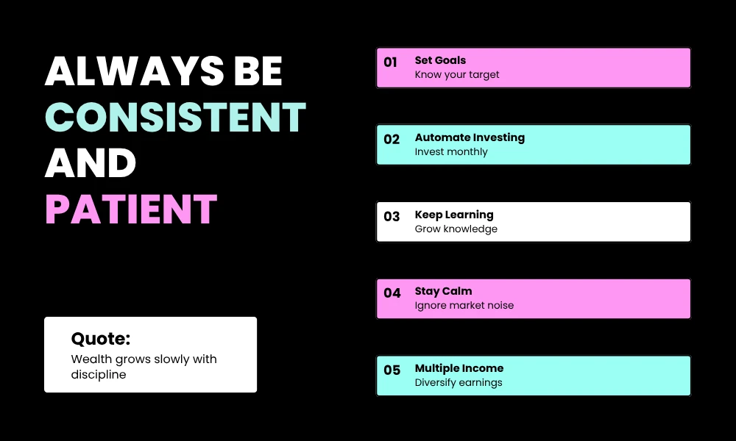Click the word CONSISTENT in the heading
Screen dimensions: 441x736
coord(175,117)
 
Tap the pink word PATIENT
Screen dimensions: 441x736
coord(131,209)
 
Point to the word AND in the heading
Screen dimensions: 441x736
coord(91,162)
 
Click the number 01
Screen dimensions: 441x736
coord(390,62)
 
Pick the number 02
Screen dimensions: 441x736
coord(392,140)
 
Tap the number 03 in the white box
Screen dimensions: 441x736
coord(392,217)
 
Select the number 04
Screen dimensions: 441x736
coord(392,293)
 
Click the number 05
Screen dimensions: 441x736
coord(392,370)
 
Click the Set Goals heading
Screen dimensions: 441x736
coord(440,60)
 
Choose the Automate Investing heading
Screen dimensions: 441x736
coord(470,137)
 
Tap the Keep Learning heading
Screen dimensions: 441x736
coord(454,215)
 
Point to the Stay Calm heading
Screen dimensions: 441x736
coord(443,291)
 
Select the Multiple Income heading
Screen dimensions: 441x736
coord(459,368)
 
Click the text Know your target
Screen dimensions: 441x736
coord(457,75)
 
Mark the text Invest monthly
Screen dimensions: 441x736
coord(451,152)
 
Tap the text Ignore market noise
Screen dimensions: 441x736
coord(464,306)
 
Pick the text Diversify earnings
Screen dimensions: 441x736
coord(459,383)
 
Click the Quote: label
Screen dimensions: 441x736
coord(100,339)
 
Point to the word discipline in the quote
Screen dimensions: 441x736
coord(99,375)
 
